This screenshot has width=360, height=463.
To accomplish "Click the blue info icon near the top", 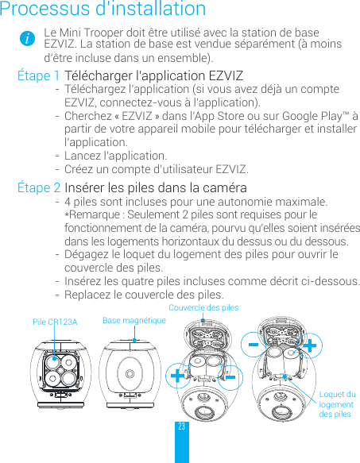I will (x=28, y=39).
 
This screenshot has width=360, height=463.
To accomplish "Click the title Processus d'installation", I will (x=103, y=10).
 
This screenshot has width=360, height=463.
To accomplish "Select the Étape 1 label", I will (x=39, y=76).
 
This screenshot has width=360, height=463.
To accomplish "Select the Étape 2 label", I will (x=39, y=188).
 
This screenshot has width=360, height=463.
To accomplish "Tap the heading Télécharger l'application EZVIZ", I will (x=154, y=76).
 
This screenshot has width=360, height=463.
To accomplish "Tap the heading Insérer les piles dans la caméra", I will (x=156, y=188).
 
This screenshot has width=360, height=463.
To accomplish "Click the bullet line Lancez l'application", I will (x=115, y=156).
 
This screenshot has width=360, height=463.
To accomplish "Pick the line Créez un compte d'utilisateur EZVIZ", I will (x=156, y=170).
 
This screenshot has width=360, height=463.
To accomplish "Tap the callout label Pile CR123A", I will (x=55, y=322).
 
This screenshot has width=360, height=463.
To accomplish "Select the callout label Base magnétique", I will (x=134, y=320).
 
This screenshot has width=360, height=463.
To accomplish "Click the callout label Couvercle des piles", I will (x=203, y=307).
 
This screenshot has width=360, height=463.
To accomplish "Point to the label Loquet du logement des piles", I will (x=337, y=404).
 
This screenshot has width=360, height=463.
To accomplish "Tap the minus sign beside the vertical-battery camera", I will (x=255, y=348).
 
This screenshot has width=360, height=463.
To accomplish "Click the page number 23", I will (x=182, y=427).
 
